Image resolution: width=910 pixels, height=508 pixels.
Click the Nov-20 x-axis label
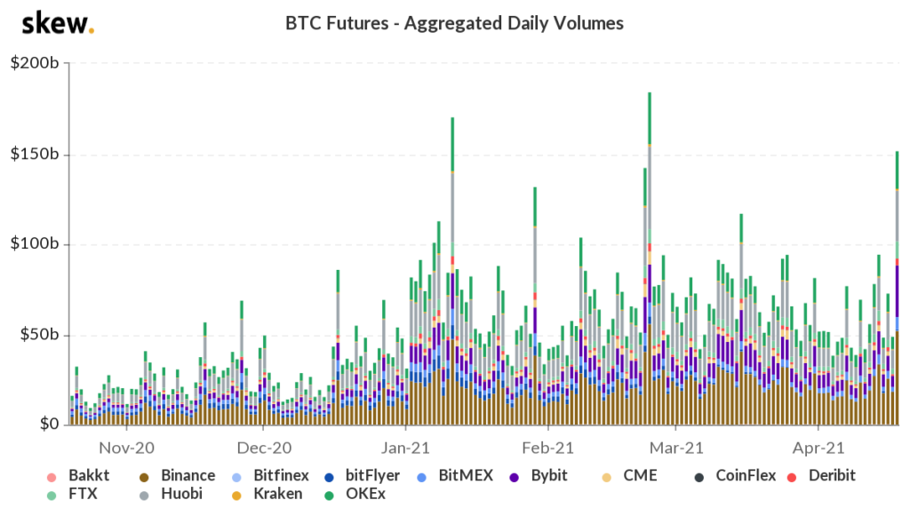pos(125,447)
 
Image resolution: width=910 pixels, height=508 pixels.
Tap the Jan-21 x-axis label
pos(407,447)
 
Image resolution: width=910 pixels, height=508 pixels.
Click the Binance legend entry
pos(178,475)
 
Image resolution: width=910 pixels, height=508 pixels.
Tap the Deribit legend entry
pos(821,475)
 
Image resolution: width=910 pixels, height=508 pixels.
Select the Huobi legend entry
pos(178,494)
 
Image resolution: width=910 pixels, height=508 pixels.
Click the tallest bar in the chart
pos(650,266)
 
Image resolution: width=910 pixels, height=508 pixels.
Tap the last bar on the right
pos(897,293)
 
